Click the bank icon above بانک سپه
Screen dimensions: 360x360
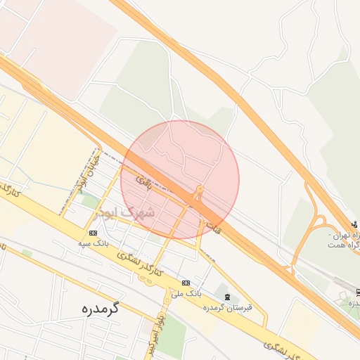click(x=94, y=233)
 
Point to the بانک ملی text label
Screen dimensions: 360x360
click(x=188, y=292)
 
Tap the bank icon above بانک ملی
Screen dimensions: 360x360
click(x=186, y=283)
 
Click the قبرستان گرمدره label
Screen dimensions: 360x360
click(x=227, y=307)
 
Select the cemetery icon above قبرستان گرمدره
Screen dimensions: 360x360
click(x=226, y=297)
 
